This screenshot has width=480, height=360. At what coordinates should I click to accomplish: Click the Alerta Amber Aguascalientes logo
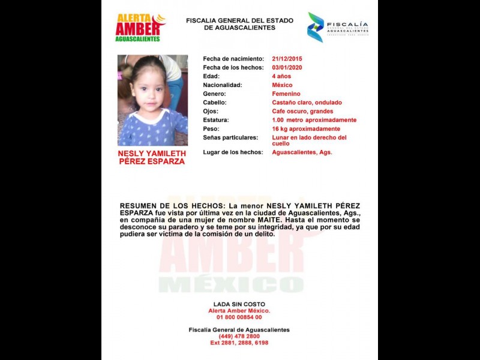[140, 28]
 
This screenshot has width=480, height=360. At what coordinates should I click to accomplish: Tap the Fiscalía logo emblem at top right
[316, 27]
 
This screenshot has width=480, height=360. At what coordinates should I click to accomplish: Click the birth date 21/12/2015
[287, 59]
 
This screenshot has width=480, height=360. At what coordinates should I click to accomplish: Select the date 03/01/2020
[287, 68]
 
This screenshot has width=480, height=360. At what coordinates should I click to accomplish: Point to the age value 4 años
[282, 76]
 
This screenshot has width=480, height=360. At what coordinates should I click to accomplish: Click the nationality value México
[282, 85]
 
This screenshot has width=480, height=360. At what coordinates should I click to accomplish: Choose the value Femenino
[286, 94]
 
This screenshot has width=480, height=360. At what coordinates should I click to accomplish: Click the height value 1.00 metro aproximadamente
[314, 120]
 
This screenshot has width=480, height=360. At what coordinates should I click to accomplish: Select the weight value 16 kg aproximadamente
[306, 129]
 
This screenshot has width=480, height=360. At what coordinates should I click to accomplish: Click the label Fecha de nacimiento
[233, 59]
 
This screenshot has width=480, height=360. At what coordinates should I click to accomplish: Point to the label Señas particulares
[230, 137]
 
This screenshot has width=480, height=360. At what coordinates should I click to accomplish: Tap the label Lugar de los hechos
[233, 152]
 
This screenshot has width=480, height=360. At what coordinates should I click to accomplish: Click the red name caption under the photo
[152, 157]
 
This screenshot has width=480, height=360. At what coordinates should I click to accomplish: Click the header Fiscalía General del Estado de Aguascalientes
[239, 24]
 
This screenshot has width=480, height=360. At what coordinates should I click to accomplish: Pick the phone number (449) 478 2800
[239, 337]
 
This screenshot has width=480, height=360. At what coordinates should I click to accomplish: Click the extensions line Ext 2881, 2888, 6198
[239, 343]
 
